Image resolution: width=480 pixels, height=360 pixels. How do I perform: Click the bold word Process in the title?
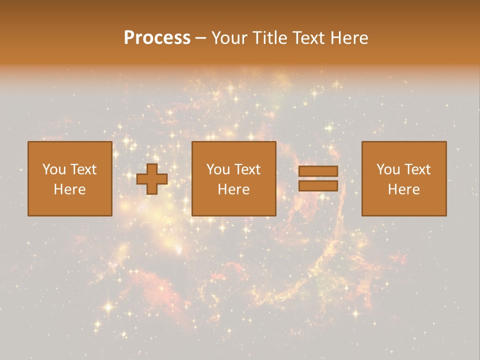(157, 38)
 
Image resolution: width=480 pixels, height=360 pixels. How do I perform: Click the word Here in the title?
(350, 38)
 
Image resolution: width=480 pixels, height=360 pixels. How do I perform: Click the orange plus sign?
(152, 179)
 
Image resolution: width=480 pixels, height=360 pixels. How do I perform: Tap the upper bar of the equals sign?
(318, 171)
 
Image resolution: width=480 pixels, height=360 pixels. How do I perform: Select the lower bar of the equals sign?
(318, 186)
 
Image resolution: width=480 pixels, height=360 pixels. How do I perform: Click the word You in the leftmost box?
(54, 169)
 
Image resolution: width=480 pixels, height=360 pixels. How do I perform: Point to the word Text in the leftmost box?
(83, 169)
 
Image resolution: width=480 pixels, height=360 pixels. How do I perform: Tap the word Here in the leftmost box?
(69, 189)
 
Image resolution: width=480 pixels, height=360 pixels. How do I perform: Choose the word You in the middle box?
(218, 169)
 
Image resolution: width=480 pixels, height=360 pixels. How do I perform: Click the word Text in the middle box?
(247, 169)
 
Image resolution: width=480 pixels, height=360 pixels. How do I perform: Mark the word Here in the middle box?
(233, 189)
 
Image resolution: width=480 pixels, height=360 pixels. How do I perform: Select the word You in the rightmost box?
(388, 169)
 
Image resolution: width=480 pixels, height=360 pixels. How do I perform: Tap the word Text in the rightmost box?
(417, 169)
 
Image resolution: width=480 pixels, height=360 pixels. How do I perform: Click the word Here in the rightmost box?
(403, 189)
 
